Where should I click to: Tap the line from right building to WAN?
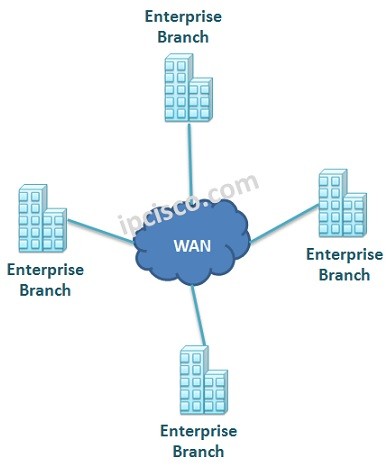(285, 229)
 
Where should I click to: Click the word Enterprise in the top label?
(183, 18)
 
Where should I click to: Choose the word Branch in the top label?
(183, 37)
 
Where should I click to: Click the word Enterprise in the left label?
(45, 270)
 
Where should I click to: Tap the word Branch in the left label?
(45, 290)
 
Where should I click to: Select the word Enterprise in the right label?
(343, 254)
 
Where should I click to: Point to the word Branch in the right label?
(343, 274)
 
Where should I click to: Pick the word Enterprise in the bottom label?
(198, 431)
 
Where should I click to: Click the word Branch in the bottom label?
(198, 451)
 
